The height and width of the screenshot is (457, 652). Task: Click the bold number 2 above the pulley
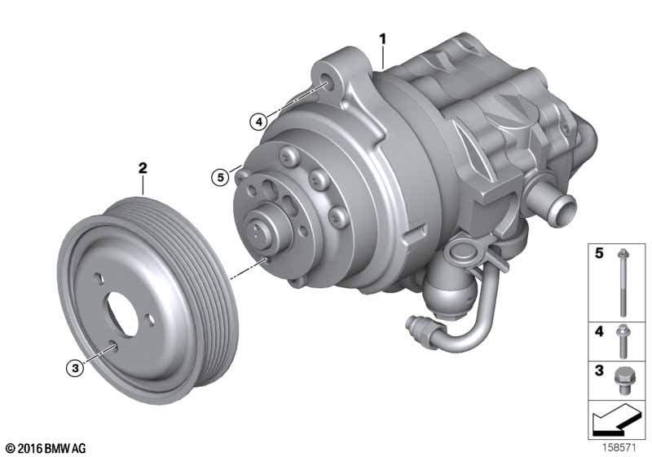click(x=143, y=169)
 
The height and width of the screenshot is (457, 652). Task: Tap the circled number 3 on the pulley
click(x=75, y=368)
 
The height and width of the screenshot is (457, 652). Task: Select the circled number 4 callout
click(x=258, y=122)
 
